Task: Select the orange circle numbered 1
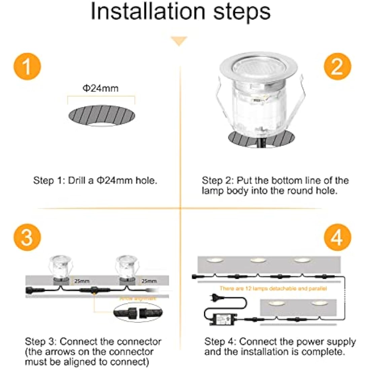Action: tap(27, 67)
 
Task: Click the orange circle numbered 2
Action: tap(337, 67)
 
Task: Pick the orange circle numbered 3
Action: tap(27, 237)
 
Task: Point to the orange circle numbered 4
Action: tap(337, 237)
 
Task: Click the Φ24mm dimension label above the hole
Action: tap(101, 88)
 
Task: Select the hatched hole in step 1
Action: tap(102, 115)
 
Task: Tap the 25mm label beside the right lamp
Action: tap(149, 281)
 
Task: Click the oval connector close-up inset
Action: tap(138, 312)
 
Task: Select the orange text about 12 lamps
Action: tap(273, 288)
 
